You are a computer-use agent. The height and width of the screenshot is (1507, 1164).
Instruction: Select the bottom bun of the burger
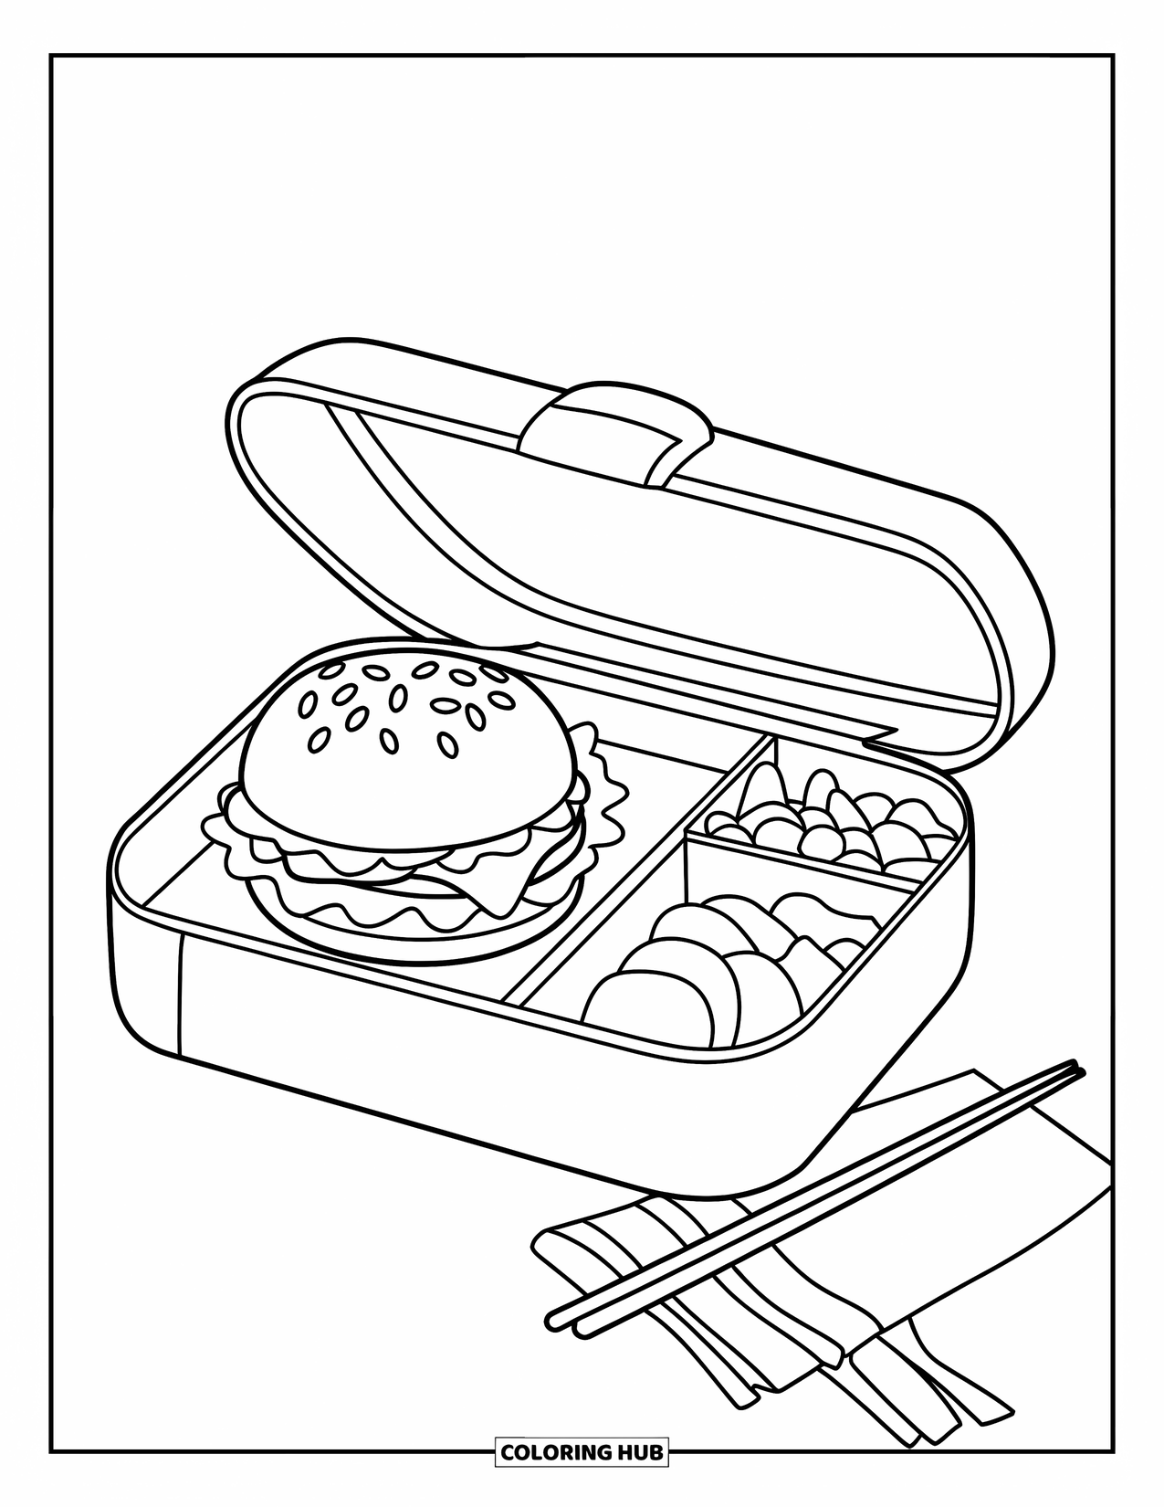tap(402, 932)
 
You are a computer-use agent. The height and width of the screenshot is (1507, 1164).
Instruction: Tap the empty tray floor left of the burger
tap(183, 877)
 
